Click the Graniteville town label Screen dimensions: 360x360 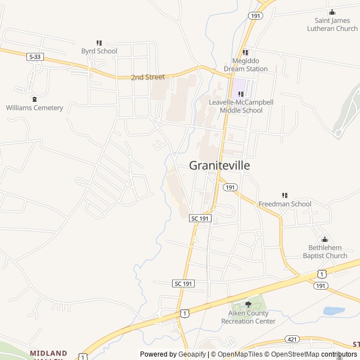[219, 165]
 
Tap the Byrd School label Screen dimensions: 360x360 [99, 51]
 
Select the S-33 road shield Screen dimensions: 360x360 [34, 56]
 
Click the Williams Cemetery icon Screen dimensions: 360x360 [34, 99]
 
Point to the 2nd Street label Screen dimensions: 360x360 [148, 77]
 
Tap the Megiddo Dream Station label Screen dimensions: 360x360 [246, 65]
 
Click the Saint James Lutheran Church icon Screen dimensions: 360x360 [332, 12]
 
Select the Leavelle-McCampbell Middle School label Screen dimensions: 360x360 [241, 106]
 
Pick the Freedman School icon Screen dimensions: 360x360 [285, 195]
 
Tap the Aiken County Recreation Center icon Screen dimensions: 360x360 [248, 304]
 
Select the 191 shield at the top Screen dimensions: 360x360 [256, 16]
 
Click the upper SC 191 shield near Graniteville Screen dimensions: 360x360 [200, 218]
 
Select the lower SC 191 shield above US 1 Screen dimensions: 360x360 [184, 283]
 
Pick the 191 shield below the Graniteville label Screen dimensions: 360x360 [231, 187]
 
